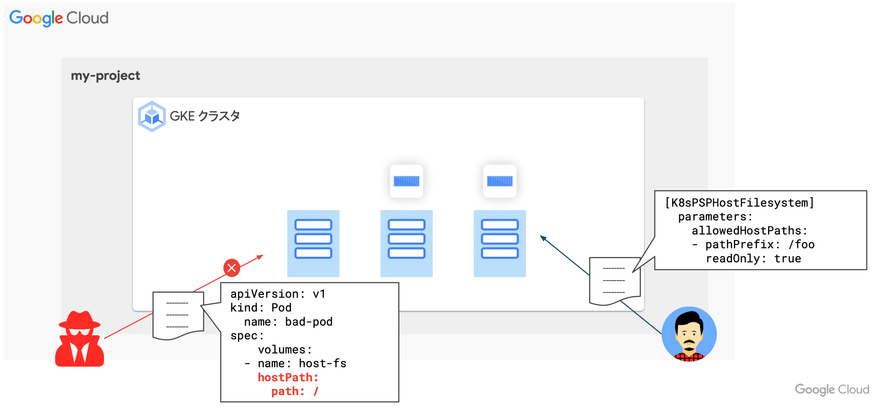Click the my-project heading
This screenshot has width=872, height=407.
pyautogui.click(x=105, y=75)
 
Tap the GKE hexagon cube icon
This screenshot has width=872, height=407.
pyautogui.click(x=152, y=116)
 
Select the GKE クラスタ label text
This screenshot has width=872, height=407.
pyautogui.click(x=205, y=116)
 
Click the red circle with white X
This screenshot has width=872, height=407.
pyautogui.click(x=231, y=268)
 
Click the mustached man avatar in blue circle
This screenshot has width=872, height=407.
pyautogui.click(x=689, y=334)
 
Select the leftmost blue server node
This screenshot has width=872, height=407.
pyautogui.click(x=313, y=243)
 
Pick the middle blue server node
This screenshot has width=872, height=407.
pyautogui.click(x=406, y=243)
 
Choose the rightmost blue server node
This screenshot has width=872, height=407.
pyautogui.click(x=500, y=243)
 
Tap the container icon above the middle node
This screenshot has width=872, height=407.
pyautogui.click(x=406, y=181)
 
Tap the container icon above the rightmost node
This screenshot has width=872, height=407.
pyautogui.click(x=500, y=181)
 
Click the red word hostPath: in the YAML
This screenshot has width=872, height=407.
pyautogui.click(x=288, y=377)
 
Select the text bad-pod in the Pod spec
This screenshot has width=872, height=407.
pyautogui.click(x=309, y=322)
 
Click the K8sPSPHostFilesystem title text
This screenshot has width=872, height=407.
pyautogui.click(x=739, y=203)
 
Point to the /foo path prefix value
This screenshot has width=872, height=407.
pyautogui.click(x=801, y=244)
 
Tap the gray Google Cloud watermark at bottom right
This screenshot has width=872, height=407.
pyautogui.click(x=832, y=389)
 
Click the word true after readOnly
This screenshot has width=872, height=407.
pyautogui.click(x=787, y=259)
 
